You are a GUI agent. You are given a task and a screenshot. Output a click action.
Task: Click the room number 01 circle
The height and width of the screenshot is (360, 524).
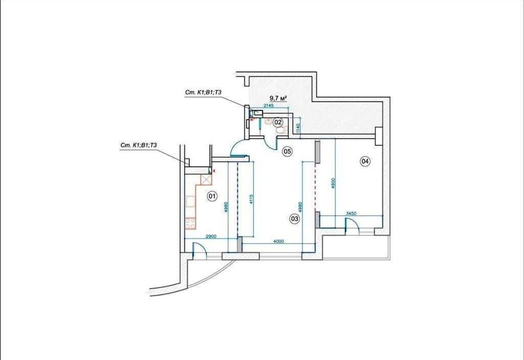[212, 196]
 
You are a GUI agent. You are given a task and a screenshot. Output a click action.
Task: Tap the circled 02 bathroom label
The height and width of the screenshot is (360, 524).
[278, 122]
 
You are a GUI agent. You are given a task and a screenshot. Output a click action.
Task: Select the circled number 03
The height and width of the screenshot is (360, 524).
[295, 219]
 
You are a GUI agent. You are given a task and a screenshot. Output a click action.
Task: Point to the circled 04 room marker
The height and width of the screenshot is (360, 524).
[365, 161]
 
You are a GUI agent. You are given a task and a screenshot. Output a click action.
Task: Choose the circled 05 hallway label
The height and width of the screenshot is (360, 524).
[288, 152]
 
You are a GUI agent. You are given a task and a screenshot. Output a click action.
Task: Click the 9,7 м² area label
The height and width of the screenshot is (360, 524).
[279, 98]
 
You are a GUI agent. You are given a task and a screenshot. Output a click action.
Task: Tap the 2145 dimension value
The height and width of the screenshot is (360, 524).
[269, 105]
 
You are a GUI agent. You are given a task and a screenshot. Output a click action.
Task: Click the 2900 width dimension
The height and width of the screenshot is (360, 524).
[211, 236]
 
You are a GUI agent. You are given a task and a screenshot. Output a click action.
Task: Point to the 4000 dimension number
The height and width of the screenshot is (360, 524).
[278, 241]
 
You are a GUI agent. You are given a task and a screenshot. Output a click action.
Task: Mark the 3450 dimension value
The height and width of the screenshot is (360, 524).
[351, 213]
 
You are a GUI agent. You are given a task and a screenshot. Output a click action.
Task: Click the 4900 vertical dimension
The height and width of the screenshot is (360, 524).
[333, 184]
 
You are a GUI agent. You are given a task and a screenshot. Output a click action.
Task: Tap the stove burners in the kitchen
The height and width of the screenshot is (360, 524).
[190, 224]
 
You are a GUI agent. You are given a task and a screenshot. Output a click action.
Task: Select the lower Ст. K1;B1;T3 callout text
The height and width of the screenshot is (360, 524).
[139, 145]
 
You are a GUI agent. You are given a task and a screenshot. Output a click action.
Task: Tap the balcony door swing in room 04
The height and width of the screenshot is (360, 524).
[352, 224]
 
